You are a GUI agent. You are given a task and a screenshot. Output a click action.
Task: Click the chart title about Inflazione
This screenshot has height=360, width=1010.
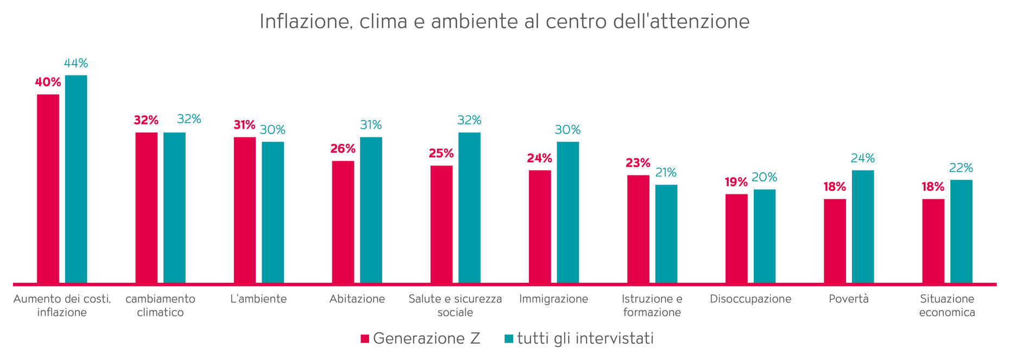[504, 22]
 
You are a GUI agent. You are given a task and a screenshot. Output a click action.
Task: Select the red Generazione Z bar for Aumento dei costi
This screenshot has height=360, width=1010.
[48, 188]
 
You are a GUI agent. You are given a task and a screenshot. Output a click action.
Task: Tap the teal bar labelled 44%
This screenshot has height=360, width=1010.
[76, 179]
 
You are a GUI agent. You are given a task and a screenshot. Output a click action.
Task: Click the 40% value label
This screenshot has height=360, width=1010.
[48, 83]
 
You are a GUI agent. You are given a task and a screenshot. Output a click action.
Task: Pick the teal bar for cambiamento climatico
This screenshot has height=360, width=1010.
[174, 207]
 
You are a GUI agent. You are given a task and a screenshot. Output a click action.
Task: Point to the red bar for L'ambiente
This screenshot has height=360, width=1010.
[244, 210]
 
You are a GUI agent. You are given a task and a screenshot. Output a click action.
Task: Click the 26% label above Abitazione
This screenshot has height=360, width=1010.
[343, 149]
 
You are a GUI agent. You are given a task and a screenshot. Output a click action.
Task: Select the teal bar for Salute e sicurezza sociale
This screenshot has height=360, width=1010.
[469, 207]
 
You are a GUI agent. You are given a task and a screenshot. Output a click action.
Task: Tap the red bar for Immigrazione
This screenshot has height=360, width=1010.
[540, 226]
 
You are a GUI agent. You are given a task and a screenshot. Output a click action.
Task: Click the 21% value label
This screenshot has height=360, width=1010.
[666, 173]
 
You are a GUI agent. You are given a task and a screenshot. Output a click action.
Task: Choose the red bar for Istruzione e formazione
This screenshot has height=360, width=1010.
[638, 229]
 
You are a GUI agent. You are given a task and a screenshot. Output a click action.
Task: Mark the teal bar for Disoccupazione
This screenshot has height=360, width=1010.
[765, 236]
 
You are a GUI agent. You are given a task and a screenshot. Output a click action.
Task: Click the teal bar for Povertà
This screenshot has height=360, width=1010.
[863, 226]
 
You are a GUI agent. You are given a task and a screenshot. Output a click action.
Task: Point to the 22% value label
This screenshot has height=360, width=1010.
[961, 168]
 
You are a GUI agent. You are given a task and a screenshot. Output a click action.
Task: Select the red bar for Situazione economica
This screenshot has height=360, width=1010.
[933, 241]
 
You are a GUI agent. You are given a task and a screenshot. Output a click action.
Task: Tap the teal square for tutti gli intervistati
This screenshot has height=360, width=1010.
[509, 339]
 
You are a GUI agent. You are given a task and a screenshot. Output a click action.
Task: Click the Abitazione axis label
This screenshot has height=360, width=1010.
[357, 299]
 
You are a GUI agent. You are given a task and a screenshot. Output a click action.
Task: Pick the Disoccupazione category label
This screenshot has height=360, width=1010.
[750, 299]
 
